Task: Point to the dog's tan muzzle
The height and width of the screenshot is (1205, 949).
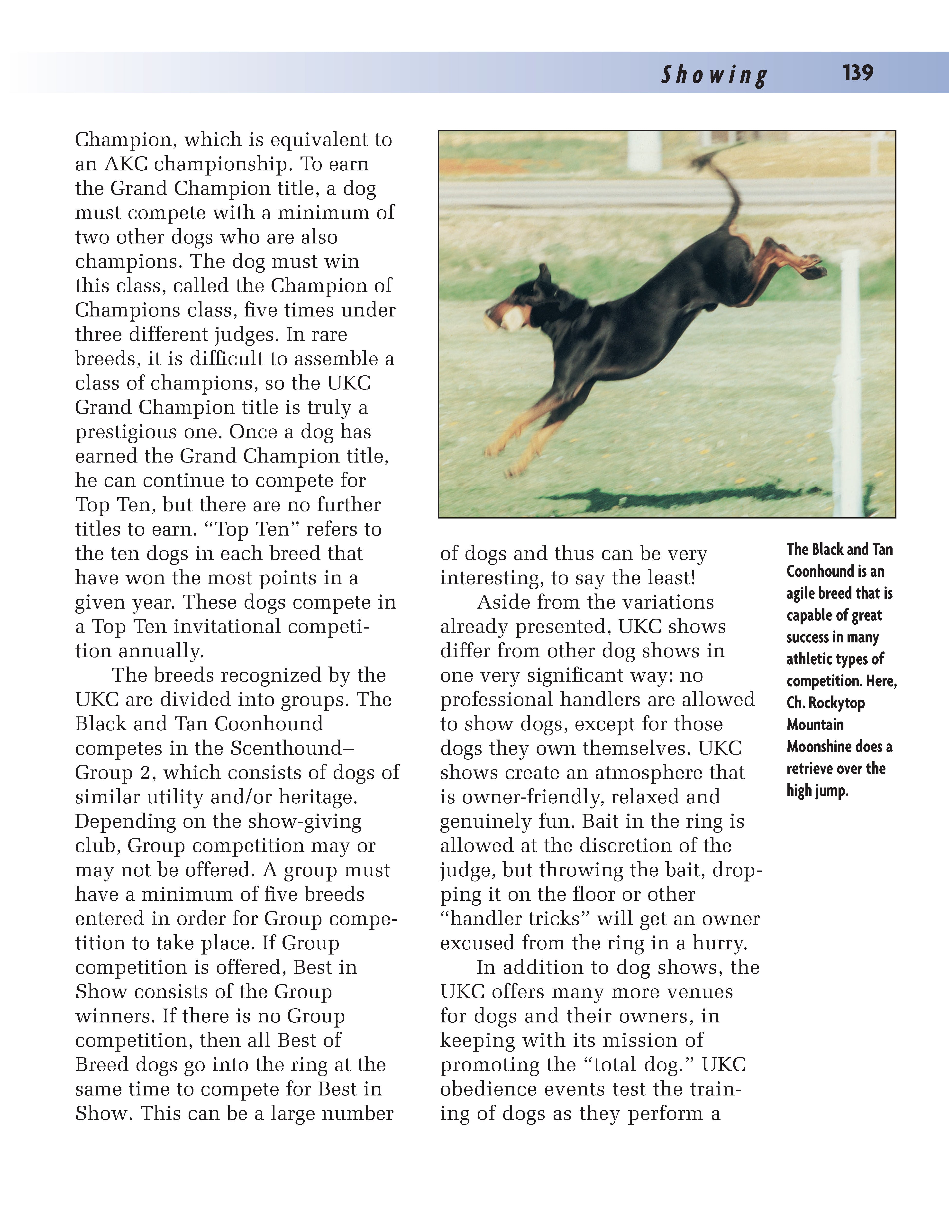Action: [x=508, y=318]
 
